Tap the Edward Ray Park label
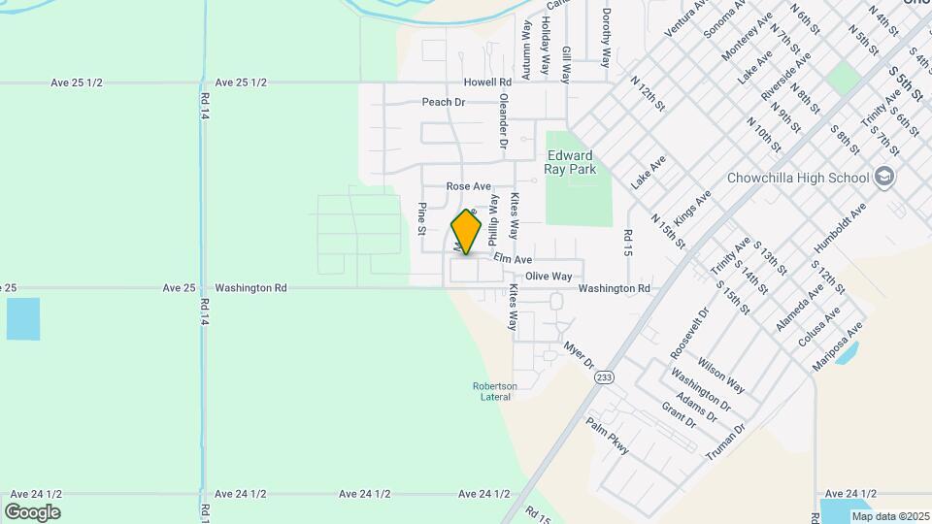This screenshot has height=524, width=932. tap(570, 162)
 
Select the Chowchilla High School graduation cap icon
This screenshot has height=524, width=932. tap(883, 177)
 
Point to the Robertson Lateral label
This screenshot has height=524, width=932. tap(494, 391)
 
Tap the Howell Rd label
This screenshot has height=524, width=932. tap(486, 82)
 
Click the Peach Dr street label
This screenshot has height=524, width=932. tap(444, 102)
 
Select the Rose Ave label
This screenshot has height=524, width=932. tap(469, 185)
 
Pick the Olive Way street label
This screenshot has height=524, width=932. tap(549, 277)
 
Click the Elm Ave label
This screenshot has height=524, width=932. tap(513, 259)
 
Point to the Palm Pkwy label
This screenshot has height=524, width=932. tap(609, 436)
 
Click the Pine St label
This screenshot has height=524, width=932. tap(422, 218)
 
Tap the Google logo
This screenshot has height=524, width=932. tap(32, 512)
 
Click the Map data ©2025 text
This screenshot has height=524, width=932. tap(891, 516)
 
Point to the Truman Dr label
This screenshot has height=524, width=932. tap(725, 442)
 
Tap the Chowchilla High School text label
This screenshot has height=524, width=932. tap(798, 178)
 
